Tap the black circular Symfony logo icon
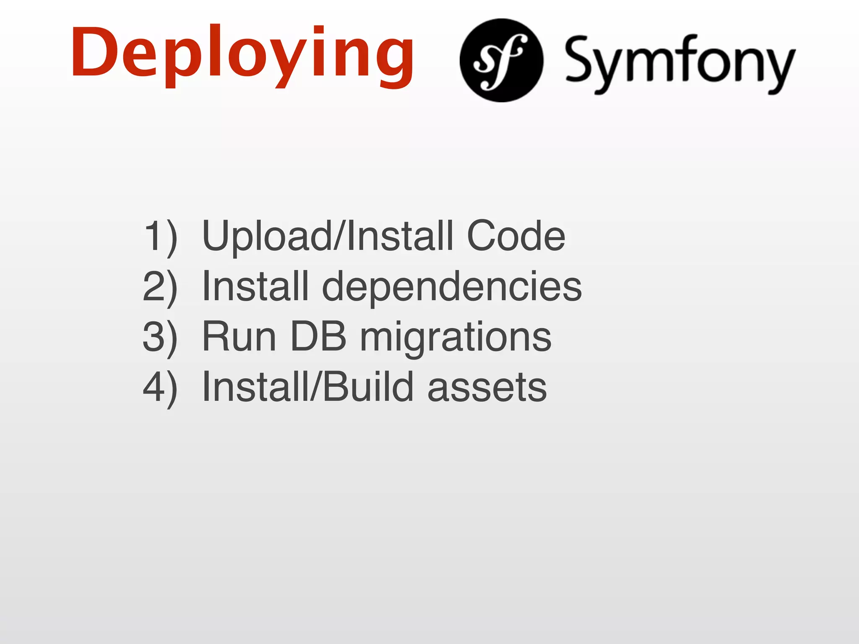click(x=501, y=60)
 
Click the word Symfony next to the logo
click(x=679, y=63)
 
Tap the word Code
click(x=516, y=236)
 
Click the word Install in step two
click(x=255, y=286)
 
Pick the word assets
click(x=487, y=388)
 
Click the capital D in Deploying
click(x=93, y=52)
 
